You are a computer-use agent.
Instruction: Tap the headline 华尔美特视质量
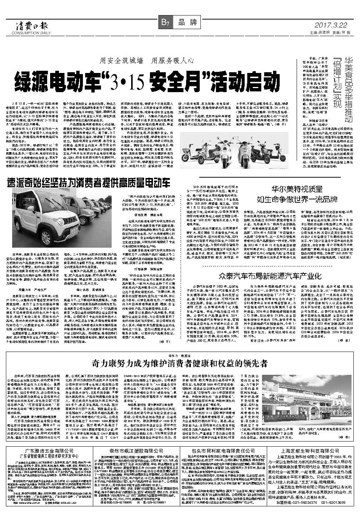[x=297, y=189]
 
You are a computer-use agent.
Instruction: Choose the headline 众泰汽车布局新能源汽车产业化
[x=265, y=275]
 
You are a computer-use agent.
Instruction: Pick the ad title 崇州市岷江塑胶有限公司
[x=136, y=451]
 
